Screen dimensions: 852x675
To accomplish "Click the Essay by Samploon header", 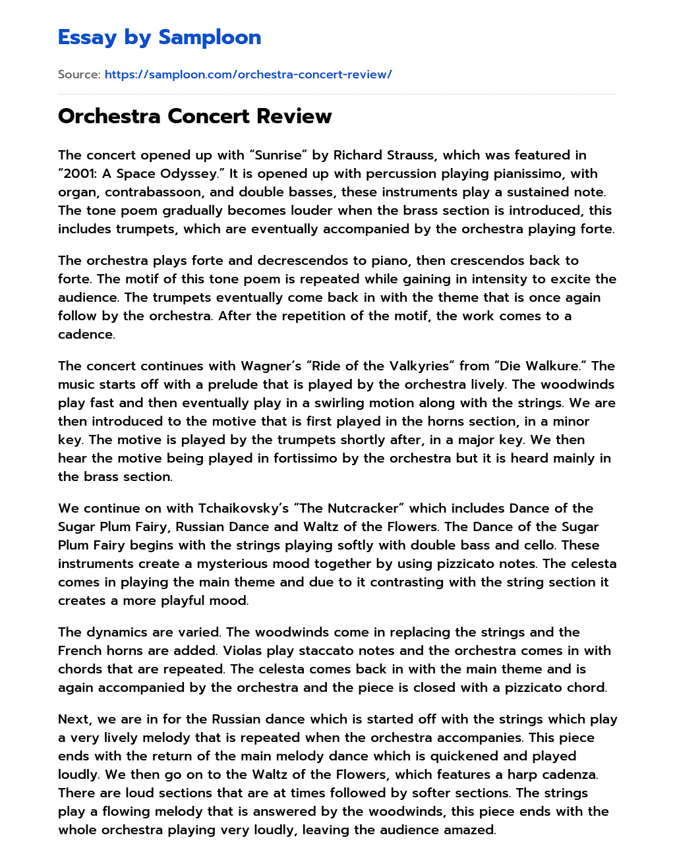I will pyautogui.click(x=160, y=38).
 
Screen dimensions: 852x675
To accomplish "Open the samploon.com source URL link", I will pyautogui.click(x=248, y=74).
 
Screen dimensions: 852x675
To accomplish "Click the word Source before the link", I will pyautogui.click(x=78, y=74).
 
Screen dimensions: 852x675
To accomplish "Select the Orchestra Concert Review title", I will pyautogui.click(x=194, y=116).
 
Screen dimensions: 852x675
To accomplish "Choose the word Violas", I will pyautogui.click(x=243, y=650).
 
